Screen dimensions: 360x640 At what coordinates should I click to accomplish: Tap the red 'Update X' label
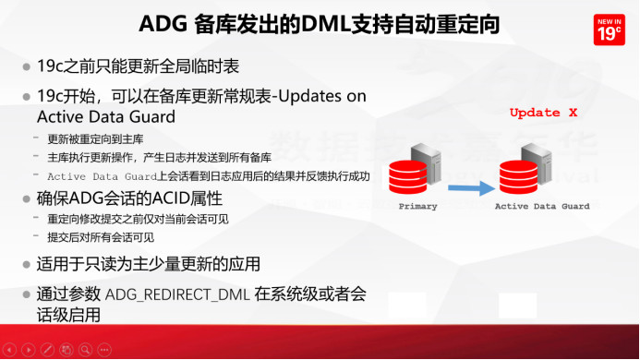(543, 113)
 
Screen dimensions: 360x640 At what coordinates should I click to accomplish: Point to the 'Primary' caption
(417, 207)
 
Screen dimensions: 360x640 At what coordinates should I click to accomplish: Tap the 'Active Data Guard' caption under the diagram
(542, 207)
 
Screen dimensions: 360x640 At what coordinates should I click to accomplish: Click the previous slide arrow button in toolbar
(9, 351)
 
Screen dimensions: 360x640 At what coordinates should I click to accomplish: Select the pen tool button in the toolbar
(48, 351)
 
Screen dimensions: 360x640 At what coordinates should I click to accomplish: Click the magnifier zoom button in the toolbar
(86, 351)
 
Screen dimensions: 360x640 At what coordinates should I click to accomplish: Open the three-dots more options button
(105, 351)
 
